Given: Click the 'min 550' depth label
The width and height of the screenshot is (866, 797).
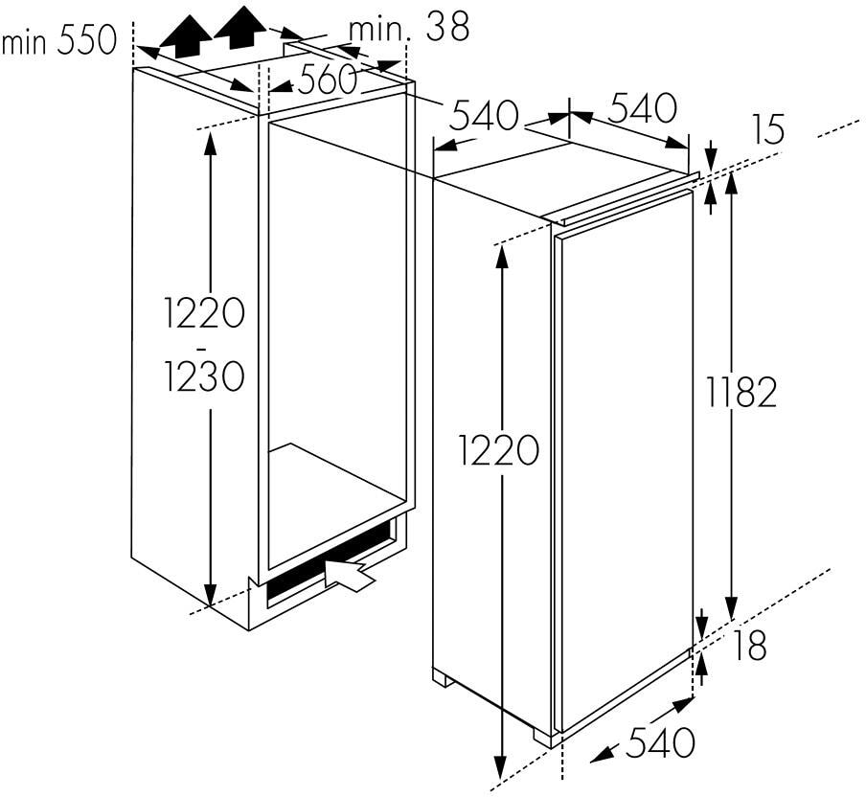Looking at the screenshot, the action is [x=59, y=40].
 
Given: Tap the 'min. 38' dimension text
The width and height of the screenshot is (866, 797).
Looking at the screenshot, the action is [x=409, y=27].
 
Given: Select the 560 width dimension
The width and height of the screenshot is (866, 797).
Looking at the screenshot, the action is [x=326, y=79].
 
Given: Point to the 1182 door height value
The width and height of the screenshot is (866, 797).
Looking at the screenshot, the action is [x=741, y=392].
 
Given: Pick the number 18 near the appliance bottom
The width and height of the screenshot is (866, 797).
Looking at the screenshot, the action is [x=749, y=645].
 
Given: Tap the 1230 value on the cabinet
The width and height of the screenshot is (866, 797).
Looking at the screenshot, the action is [x=204, y=376].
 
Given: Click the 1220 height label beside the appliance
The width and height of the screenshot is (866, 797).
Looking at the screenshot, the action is [x=498, y=449].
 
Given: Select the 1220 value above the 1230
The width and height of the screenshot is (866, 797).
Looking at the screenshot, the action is [x=204, y=312].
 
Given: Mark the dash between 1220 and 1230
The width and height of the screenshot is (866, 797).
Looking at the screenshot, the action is [x=202, y=349].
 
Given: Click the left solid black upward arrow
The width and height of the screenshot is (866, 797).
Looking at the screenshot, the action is [x=186, y=37].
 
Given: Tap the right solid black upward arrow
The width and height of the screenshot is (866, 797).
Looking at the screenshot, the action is [x=240, y=28].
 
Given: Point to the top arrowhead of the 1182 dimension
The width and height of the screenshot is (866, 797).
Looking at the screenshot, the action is [x=731, y=184].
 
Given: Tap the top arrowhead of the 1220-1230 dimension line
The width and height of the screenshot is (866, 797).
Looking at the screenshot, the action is [x=210, y=145].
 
